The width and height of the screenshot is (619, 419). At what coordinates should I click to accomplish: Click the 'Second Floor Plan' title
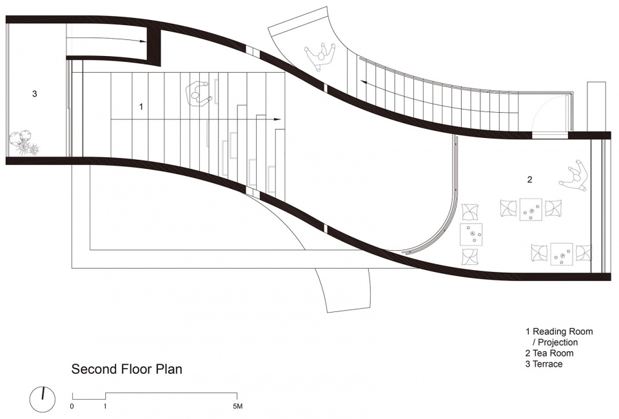127,369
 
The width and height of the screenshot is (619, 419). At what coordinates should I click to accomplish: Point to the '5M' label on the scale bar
237,406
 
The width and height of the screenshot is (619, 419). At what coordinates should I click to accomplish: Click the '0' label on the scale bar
72,406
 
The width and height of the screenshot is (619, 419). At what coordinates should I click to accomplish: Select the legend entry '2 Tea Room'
549,353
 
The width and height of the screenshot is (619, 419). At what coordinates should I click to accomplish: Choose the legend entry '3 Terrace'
544,364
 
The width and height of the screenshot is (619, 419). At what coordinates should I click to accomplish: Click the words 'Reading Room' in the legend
563,331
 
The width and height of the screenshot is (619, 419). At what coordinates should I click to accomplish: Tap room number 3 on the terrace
35,94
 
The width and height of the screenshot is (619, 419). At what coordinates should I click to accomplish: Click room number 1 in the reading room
141,106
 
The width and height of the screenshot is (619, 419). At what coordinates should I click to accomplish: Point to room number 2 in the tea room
529,179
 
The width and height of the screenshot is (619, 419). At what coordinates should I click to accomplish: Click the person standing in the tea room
575,177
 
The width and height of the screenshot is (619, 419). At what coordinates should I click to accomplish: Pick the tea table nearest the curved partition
471,235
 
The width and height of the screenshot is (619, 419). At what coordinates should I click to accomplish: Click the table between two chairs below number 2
531,209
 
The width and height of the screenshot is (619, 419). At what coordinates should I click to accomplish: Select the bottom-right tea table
562,255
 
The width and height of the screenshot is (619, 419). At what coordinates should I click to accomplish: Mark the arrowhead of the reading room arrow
278,119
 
